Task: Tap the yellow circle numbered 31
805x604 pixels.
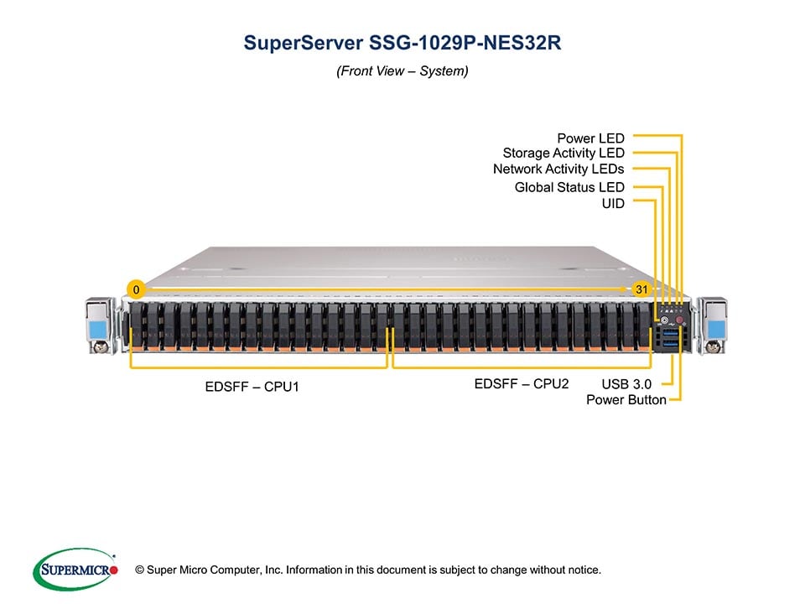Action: (641, 289)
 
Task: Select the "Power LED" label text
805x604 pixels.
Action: (590, 138)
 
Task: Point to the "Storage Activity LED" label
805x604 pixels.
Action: (563, 153)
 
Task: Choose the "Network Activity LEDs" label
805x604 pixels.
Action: (558, 169)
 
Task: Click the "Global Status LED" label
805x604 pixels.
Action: (569, 187)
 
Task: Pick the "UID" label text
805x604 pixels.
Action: (613, 203)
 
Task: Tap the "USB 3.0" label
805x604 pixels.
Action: (626, 383)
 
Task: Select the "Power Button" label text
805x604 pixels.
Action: (626, 399)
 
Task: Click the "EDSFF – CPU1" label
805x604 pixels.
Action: (252, 388)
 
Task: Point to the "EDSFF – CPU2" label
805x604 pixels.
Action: (522, 383)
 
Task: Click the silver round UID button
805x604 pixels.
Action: (664, 320)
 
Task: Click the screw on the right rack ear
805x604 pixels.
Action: (714, 345)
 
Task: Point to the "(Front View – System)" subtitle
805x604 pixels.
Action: (402, 71)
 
